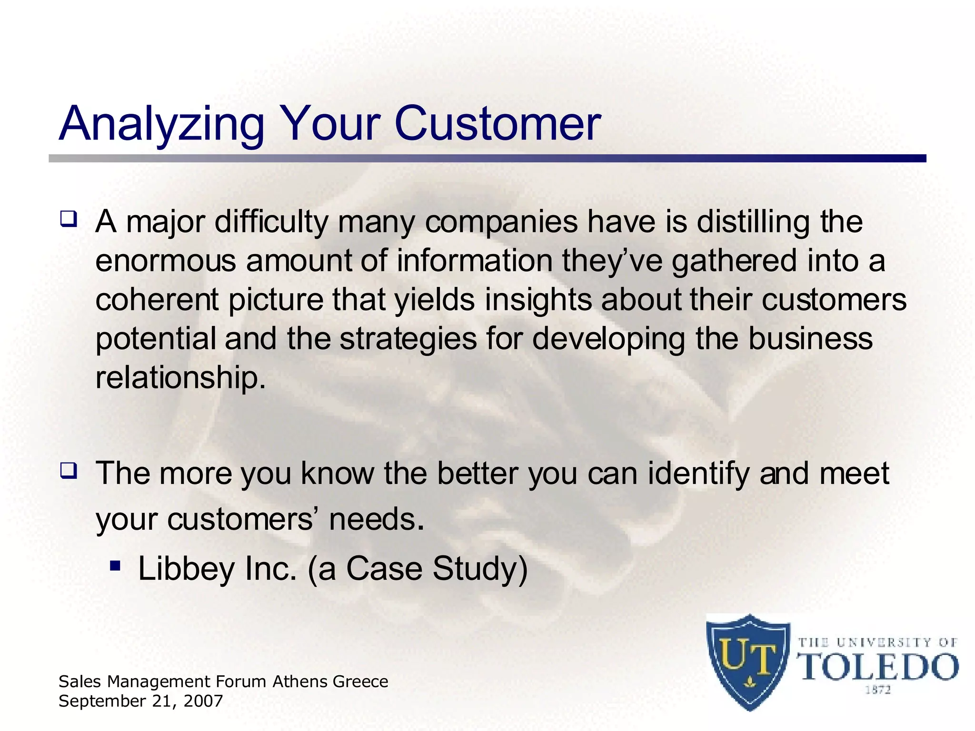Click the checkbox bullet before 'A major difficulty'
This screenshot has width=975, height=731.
coord(68,219)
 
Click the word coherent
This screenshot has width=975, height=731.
coord(157,300)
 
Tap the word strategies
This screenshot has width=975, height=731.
coord(408,339)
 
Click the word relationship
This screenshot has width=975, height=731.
coord(180,378)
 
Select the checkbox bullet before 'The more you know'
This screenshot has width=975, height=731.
coord(68,471)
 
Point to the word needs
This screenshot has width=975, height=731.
coord(376,520)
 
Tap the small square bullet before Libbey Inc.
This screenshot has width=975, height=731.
coord(115,566)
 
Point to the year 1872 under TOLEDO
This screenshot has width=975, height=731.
coord(878,690)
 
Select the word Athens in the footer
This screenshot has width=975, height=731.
coord(300,682)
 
